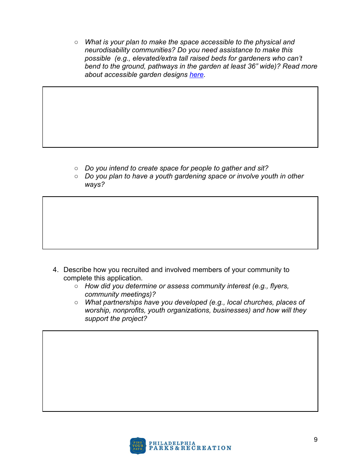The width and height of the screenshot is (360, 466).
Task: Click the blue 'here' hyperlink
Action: (x=196, y=75)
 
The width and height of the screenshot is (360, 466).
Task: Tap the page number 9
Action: (x=316, y=440)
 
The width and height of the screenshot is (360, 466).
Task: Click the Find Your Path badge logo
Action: (x=138, y=446)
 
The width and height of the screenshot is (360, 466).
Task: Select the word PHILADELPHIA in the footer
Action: (x=172, y=443)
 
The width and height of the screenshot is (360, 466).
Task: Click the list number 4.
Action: (x=55, y=270)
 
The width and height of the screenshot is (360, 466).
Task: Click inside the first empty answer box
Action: (x=180, y=117)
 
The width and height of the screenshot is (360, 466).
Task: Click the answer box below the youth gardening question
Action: (x=180, y=223)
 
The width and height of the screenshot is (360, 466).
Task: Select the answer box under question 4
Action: (x=180, y=371)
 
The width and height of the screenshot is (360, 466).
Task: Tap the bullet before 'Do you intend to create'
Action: (x=76, y=168)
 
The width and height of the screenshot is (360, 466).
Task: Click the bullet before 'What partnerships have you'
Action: (x=76, y=302)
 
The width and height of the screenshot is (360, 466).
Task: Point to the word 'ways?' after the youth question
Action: (x=94, y=185)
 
